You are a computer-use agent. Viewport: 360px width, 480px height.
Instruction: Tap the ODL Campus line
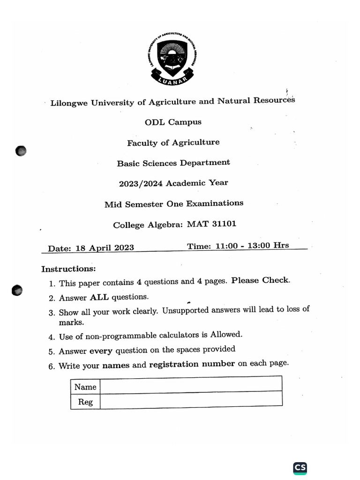click(173, 122)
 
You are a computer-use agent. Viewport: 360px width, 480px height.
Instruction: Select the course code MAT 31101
click(211, 224)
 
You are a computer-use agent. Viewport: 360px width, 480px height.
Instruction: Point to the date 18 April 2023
click(104, 248)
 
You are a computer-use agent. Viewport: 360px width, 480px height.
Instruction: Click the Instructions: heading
click(68, 269)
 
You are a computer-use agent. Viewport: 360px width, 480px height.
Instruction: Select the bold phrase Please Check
click(261, 280)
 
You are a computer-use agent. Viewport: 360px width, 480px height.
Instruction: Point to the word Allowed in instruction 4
click(226, 334)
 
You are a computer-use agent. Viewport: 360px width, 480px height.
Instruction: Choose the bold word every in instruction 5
click(101, 350)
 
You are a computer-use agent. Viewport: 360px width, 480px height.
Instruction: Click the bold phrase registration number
click(192, 364)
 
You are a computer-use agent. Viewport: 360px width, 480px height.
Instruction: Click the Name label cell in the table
click(85, 387)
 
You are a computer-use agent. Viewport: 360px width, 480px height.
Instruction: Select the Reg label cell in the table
click(85, 402)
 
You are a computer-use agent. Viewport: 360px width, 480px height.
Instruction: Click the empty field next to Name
click(191, 386)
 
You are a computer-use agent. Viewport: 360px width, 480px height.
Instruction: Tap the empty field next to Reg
click(191, 400)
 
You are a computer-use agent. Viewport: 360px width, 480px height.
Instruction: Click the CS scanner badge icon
click(300, 468)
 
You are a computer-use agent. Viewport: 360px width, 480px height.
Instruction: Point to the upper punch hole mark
click(21, 151)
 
